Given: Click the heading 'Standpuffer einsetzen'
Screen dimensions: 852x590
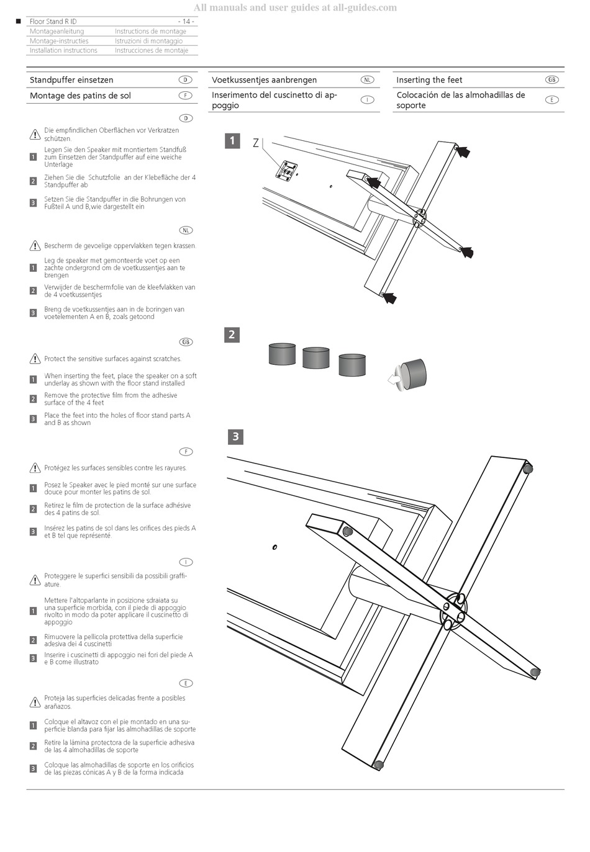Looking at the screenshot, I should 71,80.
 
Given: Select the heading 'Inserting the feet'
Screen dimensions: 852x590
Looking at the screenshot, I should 429,80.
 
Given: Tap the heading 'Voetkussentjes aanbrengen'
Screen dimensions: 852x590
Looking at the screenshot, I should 264,80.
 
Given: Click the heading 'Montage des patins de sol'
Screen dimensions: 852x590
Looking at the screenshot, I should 80,96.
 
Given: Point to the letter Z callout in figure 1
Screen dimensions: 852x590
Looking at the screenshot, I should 256,143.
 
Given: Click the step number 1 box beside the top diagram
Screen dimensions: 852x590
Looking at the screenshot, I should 232,141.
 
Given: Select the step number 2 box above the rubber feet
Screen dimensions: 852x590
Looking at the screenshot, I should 232,334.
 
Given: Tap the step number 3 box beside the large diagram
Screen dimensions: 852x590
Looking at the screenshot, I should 235,436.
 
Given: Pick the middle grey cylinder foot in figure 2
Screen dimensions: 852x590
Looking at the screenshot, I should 315,358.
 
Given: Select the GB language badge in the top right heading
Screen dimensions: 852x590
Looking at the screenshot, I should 551,79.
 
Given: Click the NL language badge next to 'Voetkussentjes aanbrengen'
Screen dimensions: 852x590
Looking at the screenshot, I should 367,79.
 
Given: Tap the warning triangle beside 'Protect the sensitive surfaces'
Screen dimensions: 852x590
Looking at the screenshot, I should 35,359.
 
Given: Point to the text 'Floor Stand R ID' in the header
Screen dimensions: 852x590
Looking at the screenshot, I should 53,22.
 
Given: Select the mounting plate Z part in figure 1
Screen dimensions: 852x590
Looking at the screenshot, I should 286,170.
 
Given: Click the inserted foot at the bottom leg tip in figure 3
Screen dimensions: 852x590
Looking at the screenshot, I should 379,765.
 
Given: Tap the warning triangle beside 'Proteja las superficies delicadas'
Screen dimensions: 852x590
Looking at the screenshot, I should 35,702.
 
